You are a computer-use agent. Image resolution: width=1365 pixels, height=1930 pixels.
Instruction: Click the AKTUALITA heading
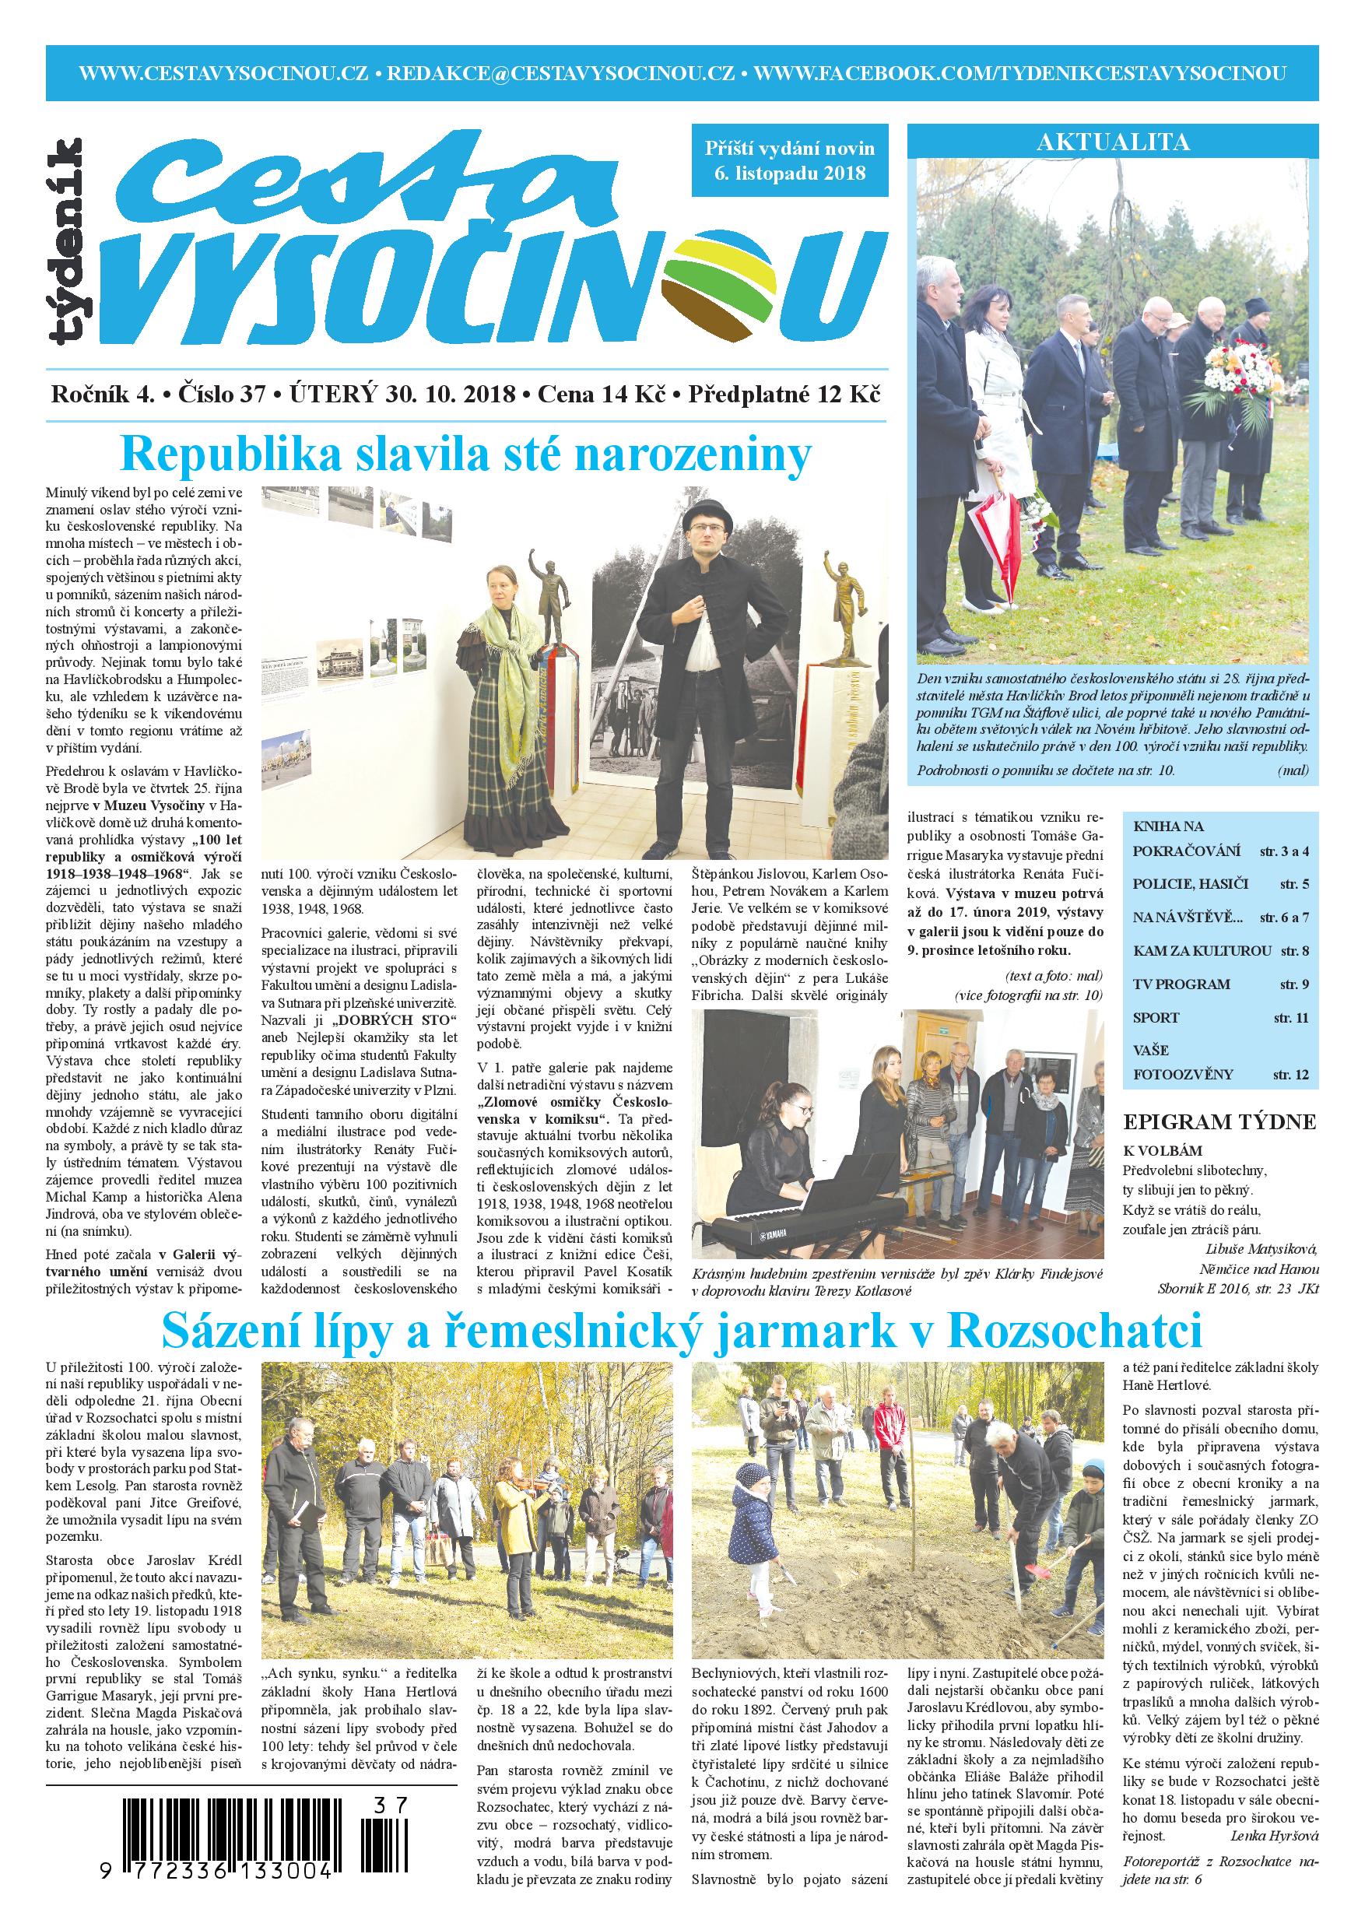pos(1113,142)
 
